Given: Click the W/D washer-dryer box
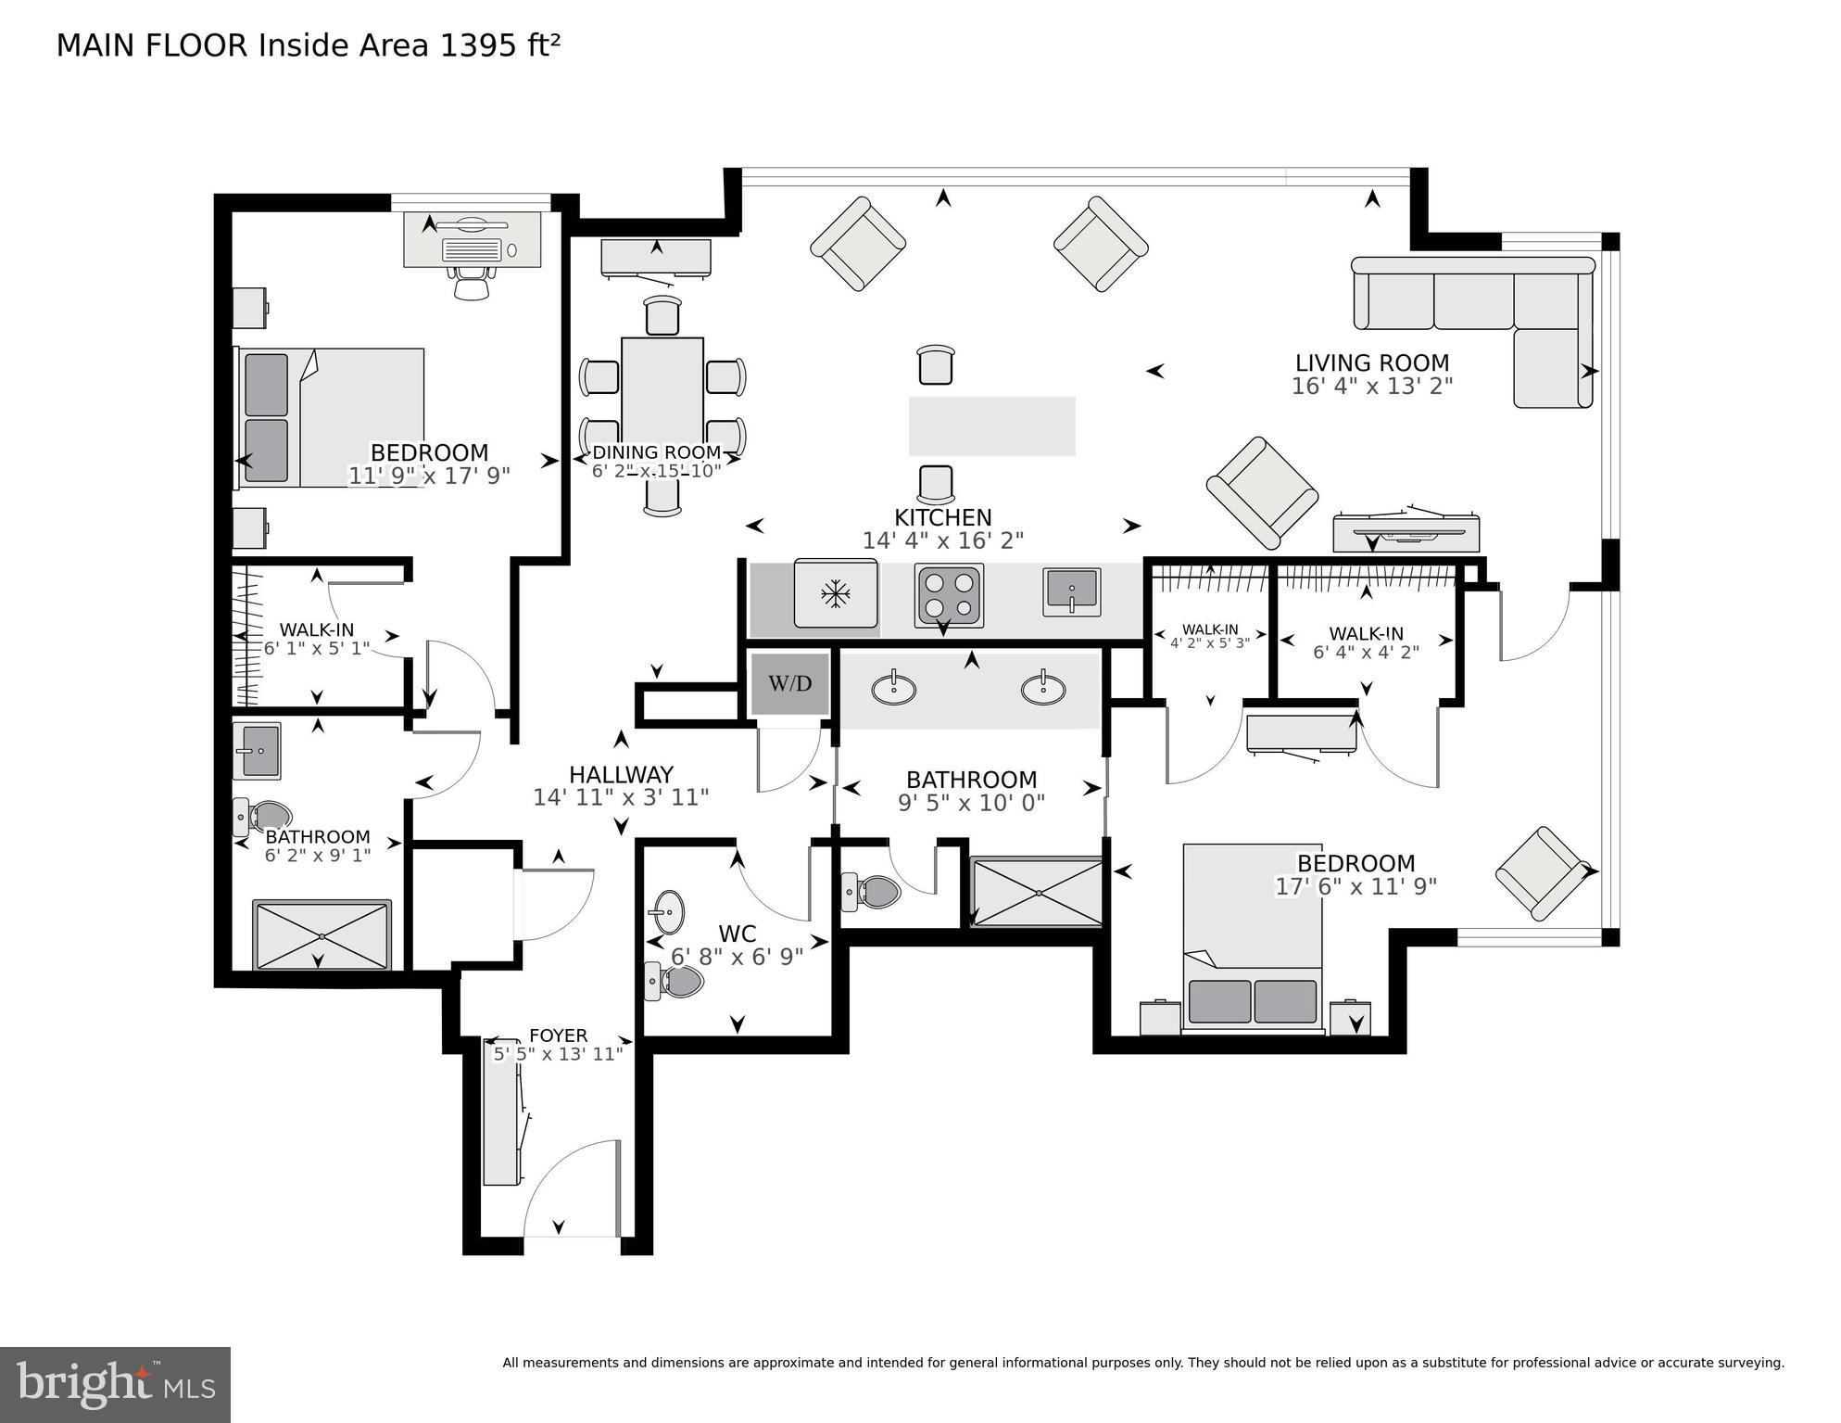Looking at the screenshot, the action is [789, 684].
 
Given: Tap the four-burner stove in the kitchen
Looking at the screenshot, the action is [949, 596].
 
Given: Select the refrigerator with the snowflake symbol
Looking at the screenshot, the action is [836, 593].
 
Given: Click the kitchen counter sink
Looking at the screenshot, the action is [1072, 592].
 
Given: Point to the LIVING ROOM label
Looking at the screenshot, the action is [1372, 362].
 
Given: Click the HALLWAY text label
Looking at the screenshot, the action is [621, 775].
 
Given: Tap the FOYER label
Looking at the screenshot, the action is [558, 1035].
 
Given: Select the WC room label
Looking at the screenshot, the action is [738, 934].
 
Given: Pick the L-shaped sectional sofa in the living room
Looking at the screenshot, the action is [1473, 315].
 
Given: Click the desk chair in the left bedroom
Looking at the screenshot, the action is [473, 282].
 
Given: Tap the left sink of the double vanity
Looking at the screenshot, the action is [894, 689].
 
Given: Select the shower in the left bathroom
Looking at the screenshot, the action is [322, 935].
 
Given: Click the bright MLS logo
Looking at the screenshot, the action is [115, 1385].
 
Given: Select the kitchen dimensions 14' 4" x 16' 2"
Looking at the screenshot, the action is [943, 540].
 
